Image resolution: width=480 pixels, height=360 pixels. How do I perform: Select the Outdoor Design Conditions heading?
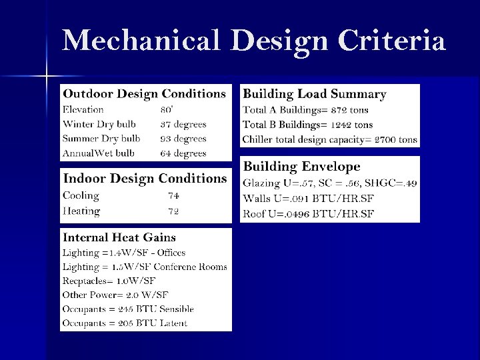pos(144,94)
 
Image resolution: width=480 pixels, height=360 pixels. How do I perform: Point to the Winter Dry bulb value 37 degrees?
pos(183,124)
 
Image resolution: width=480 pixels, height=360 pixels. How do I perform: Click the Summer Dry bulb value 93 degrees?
pos(183,139)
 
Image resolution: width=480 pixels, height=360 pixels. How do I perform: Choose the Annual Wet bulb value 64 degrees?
pos(183,153)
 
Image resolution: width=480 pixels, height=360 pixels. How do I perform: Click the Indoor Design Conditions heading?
pos(145,179)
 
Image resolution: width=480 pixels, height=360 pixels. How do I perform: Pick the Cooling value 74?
pos(173,196)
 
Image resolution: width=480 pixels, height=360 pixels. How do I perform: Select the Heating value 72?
pos(173,211)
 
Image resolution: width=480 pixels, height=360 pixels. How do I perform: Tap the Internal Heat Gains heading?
pos(119,237)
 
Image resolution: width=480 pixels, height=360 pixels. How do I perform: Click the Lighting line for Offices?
pos(124,253)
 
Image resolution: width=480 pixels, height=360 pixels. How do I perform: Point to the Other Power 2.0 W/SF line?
pos(115,295)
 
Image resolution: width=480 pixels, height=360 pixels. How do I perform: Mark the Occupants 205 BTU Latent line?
pos(125,323)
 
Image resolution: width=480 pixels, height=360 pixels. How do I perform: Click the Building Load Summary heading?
pos(315,94)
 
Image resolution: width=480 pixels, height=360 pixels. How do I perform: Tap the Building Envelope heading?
pos(301,167)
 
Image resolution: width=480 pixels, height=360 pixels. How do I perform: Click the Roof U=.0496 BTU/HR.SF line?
pos(308,213)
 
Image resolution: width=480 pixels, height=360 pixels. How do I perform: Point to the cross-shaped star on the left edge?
pos(47,76)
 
